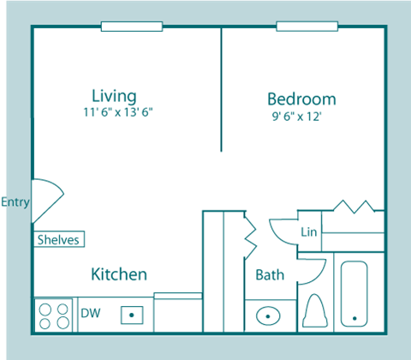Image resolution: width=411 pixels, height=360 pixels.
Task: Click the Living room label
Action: (114, 96)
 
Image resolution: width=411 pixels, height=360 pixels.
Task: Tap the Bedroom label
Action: (301, 99)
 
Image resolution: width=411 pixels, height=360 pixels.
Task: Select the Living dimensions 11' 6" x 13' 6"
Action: (118, 112)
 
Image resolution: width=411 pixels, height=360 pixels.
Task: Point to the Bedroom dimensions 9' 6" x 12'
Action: (297, 117)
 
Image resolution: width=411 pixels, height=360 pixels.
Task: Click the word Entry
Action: (15, 202)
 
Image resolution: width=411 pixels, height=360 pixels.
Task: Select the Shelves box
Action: (59, 239)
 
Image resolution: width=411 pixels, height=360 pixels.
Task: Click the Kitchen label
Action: (119, 274)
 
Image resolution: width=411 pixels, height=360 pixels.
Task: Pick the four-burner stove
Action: (54, 315)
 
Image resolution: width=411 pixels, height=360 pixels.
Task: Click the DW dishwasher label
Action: (91, 313)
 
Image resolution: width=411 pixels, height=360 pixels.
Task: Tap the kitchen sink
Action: (132, 315)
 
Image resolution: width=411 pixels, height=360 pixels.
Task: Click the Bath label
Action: (270, 275)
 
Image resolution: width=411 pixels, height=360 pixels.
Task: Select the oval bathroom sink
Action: (268, 316)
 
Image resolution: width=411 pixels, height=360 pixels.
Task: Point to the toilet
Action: (315, 310)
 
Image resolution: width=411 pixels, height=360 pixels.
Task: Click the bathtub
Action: (354, 294)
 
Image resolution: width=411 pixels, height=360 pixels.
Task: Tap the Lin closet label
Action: (309, 231)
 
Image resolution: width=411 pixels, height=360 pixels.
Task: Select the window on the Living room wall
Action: (132, 27)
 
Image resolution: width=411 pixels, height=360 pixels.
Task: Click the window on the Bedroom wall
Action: (307, 27)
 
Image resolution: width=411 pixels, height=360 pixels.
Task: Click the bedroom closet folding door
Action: (354, 207)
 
